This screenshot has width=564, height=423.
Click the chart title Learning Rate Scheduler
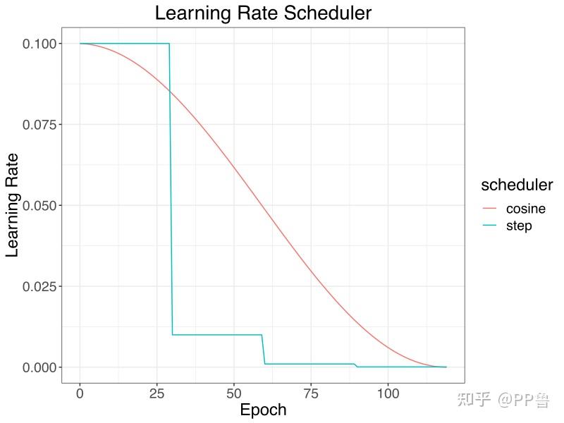(263, 13)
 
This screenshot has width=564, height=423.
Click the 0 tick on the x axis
(80, 393)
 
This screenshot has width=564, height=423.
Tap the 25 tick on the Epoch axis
(157, 393)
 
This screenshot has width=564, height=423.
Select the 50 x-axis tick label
(234, 393)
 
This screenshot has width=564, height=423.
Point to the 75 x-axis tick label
(311, 393)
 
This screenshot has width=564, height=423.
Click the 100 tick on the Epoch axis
(388, 393)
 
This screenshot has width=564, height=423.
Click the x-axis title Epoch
(263, 410)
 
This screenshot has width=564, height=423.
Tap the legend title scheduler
(516, 185)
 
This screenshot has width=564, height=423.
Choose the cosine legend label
(525, 209)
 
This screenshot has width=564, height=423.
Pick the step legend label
(519, 226)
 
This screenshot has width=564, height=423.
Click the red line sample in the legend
(490, 209)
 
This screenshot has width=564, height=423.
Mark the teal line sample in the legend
(490, 226)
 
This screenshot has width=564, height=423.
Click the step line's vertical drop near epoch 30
(171, 190)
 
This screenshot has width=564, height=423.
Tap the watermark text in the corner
(503, 400)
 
